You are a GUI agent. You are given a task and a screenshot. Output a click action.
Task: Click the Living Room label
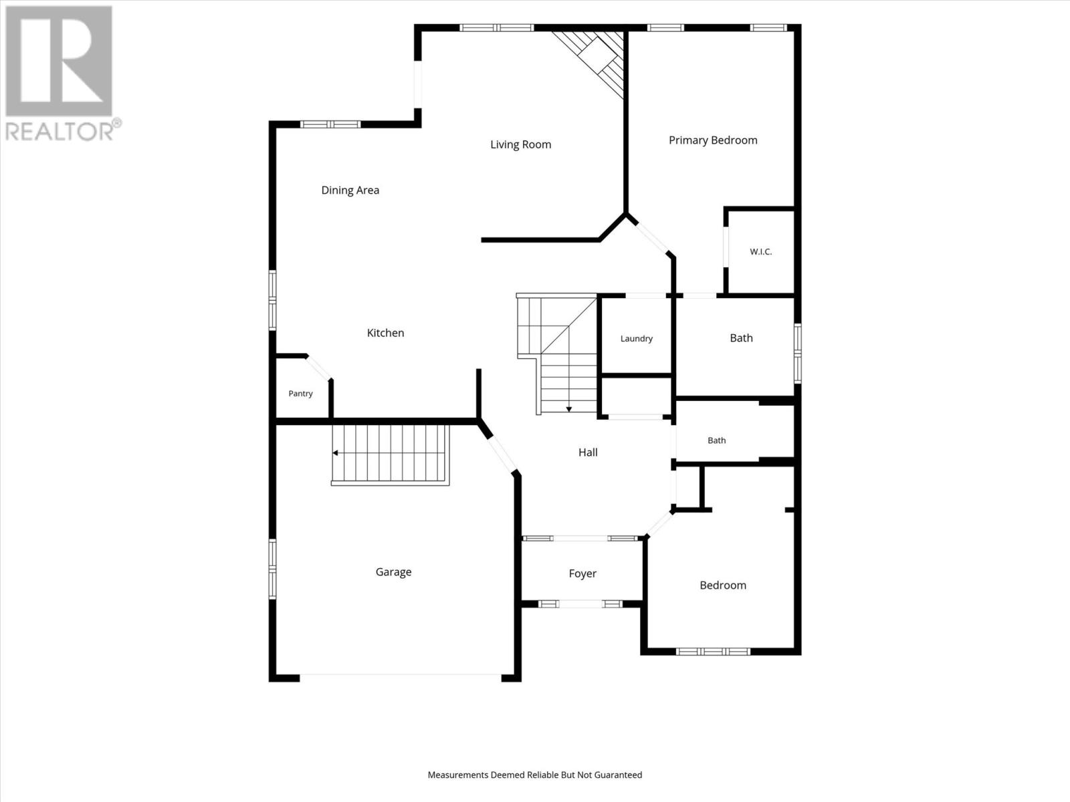coord(520,144)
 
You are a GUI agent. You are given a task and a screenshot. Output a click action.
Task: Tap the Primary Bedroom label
coord(713,141)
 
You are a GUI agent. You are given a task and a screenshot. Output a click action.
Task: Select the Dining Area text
coord(350,190)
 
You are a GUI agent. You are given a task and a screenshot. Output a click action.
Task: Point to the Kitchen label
coord(386,333)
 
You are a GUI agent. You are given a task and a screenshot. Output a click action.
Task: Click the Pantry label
coord(300,394)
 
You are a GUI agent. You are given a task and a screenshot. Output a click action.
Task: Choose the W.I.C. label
coord(761,252)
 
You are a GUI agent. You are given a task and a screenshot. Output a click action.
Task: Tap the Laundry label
coord(637,339)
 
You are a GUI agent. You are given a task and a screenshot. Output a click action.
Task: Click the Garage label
coord(393,572)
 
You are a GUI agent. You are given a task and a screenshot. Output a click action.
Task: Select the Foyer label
coord(582,574)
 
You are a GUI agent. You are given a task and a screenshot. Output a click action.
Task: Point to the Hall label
coord(588,452)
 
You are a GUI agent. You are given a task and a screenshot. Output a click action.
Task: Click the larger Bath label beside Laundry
coord(742,338)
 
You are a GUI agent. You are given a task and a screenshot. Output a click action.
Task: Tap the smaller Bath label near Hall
coord(717,440)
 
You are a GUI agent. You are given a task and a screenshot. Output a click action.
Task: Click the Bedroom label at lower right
coord(723,585)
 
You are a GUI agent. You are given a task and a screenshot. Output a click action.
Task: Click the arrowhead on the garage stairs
coord(336,453)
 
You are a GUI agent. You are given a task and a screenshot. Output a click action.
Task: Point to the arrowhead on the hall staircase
coord(569,410)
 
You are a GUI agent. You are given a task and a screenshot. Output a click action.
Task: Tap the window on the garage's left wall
coord(272,569)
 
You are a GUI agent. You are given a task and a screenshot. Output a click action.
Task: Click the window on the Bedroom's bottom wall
coord(713,652)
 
